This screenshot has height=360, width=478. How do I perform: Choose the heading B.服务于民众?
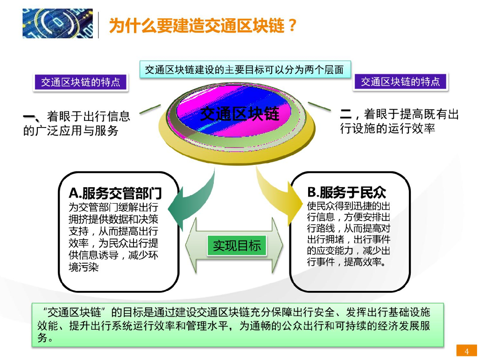coord(346,192)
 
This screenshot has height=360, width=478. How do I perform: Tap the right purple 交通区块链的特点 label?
coord(400,82)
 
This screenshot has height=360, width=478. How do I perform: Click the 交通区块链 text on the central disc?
coord(239,113)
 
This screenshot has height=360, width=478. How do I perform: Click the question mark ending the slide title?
coord(292,26)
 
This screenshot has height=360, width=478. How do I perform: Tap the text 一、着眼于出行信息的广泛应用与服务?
coord(77,123)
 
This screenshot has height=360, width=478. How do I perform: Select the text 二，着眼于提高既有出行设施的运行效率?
coord(399,121)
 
